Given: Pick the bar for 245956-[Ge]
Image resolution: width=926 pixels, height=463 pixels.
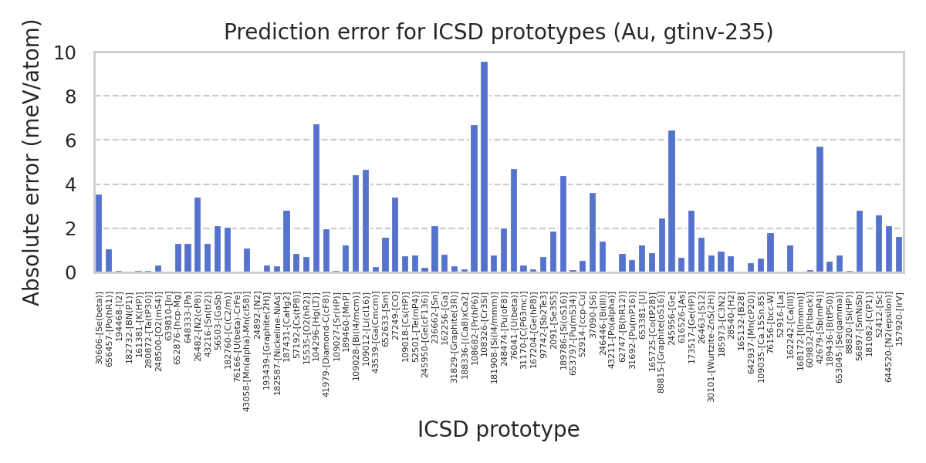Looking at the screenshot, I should coord(671,201).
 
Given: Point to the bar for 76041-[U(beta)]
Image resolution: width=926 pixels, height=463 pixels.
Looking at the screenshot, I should coord(514,221).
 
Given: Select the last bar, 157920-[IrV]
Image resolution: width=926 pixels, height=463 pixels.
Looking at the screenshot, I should coord(899,255).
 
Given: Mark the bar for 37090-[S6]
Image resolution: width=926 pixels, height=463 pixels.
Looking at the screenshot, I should coord(593,232).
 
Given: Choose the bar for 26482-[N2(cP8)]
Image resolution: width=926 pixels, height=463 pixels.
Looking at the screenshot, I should coord(198,235).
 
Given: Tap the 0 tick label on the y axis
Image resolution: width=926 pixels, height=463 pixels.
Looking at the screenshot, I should coord(70,273).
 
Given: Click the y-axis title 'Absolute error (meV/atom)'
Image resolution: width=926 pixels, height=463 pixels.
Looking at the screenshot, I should coord(32,162).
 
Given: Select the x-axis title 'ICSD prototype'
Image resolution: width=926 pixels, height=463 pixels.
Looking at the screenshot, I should coord(498,430).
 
